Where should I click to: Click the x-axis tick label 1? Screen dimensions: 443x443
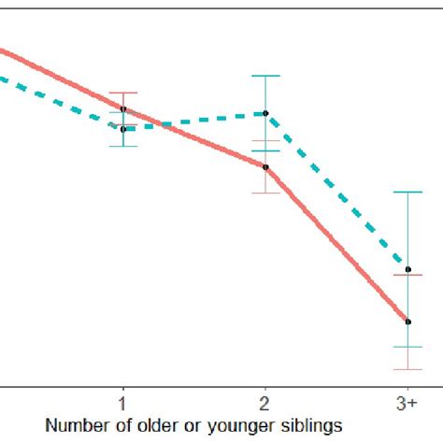(x=122, y=402)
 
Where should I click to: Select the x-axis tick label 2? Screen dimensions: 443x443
(x=265, y=402)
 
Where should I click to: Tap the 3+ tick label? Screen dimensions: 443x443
(x=407, y=402)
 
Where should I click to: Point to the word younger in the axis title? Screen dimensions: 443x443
(x=229, y=424)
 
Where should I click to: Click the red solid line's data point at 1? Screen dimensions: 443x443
(x=122, y=109)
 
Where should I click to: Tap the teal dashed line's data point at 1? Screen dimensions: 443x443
(x=122, y=129)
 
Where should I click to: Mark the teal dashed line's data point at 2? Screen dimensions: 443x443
(x=265, y=113)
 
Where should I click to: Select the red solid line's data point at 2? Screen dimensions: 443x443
(x=265, y=167)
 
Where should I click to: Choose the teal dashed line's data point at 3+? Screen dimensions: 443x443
(x=407, y=269)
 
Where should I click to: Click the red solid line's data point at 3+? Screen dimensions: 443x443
(x=407, y=322)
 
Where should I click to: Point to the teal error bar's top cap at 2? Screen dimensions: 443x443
(x=265, y=76)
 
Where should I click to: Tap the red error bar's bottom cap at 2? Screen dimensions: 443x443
(x=265, y=193)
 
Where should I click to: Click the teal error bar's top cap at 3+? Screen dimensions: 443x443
(x=407, y=192)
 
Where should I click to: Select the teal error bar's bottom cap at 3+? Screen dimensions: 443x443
(x=407, y=347)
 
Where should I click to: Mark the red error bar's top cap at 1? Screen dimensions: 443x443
(x=122, y=93)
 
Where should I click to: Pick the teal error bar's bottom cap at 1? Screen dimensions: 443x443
(x=122, y=146)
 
